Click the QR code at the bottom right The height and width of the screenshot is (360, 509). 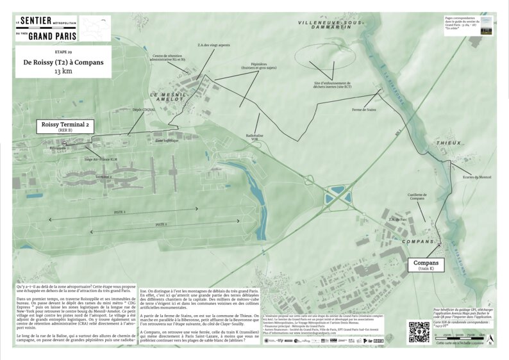coord(419,331)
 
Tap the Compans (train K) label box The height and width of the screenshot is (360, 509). coord(426,265)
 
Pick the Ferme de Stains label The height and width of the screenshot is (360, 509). coord(364,110)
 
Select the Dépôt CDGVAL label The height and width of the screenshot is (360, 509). coord(144,110)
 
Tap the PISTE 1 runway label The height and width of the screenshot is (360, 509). coord(120,211)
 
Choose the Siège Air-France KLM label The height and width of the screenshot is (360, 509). coord(100,158)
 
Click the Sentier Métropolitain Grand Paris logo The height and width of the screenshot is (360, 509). coord(46,28)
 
